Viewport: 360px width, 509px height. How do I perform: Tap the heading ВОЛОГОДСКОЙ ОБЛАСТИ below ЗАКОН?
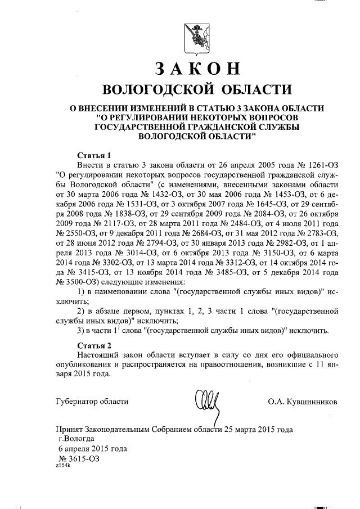(x=196, y=89)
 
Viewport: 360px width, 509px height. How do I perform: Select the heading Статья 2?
(x=94, y=345)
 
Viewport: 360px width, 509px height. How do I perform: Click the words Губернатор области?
(x=93, y=402)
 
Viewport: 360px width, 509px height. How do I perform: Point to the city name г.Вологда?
(x=76, y=439)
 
